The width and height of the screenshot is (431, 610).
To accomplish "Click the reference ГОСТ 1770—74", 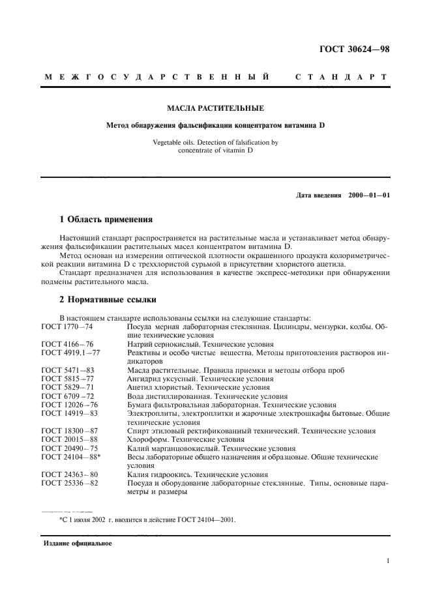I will coord(67,326).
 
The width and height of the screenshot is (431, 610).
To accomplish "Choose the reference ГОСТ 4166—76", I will coord(67,343).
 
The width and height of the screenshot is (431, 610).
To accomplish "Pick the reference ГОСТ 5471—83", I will coord(67,370).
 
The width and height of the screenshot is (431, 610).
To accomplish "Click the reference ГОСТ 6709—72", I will coord(67,396).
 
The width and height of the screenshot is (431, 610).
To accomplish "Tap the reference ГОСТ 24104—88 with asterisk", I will coord(69,457).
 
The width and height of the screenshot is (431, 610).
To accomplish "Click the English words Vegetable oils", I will coord(174,141).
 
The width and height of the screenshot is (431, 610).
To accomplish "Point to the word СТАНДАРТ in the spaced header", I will coord(341,77).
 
